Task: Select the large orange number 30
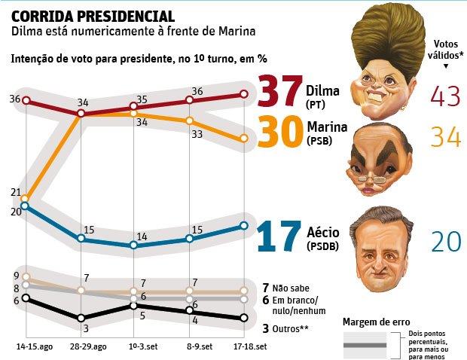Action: pos(280,136)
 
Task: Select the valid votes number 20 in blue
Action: pos(445,240)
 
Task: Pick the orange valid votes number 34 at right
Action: pos(445,137)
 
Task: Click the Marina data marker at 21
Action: pos(26,199)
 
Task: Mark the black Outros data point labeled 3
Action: pos(81,318)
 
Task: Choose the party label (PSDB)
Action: pos(322,246)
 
